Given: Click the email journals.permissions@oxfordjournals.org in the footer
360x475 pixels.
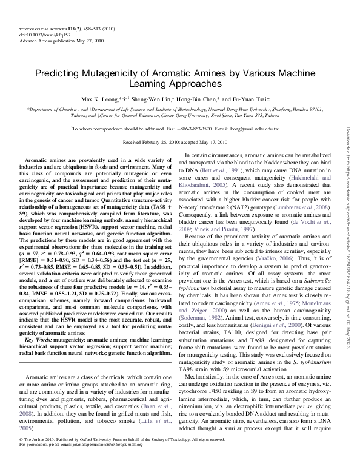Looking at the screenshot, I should [105, 460].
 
